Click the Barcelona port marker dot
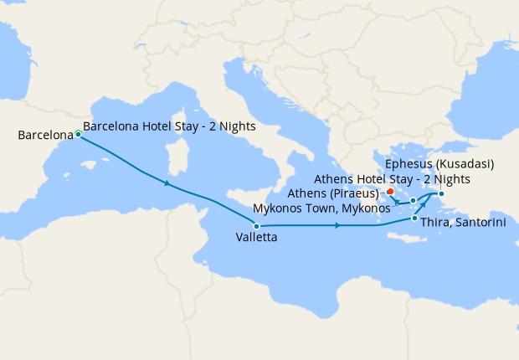(x=78, y=134)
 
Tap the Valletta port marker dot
(x=256, y=226)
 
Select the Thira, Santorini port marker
(x=415, y=219)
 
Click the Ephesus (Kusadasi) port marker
(x=441, y=195)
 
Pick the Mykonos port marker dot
(x=413, y=201)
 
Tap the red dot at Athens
(x=390, y=192)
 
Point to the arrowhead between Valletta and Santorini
(x=336, y=225)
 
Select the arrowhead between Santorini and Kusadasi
(x=424, y=204)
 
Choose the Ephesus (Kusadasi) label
(x=439, y=163)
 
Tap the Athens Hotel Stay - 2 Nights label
(x=392, y=179)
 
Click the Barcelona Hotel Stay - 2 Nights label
(x=169, y=127)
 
